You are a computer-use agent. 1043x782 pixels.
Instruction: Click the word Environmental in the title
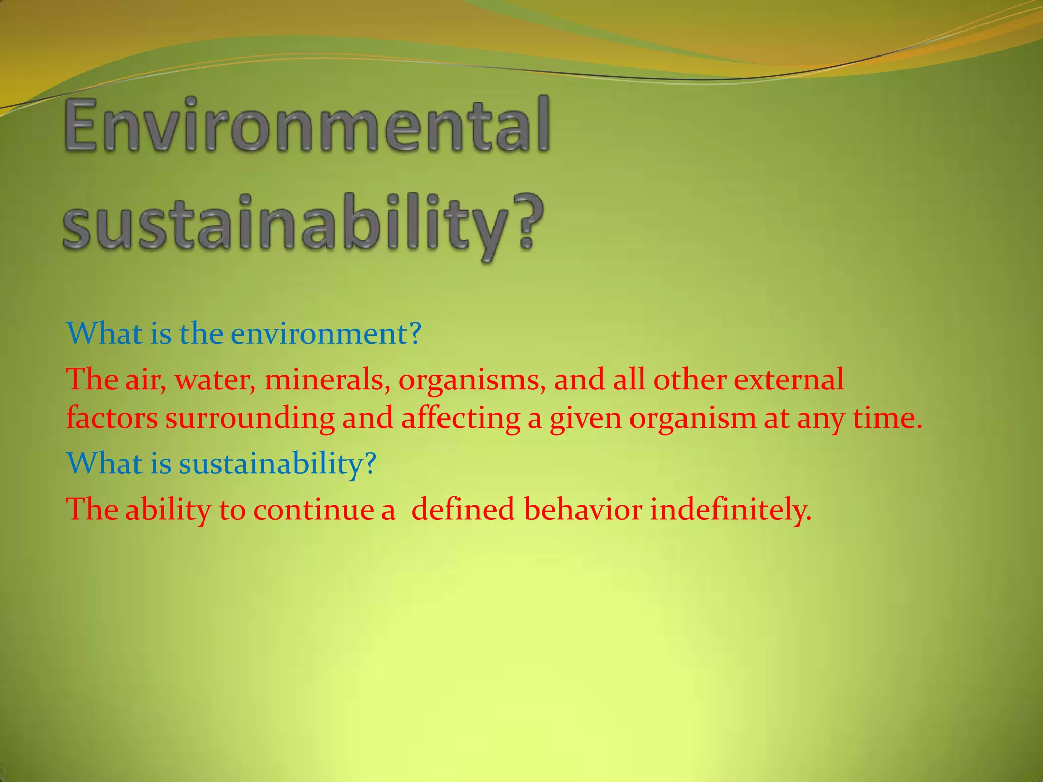click(307, 125)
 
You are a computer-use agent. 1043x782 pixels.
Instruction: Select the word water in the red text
click(215, 380)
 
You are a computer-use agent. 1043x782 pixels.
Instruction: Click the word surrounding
click(250, 419)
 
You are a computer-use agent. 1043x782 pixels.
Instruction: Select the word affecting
click(461, 419)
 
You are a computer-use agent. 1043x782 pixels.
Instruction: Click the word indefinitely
click(730, 510)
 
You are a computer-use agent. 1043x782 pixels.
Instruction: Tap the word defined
click(462, 510)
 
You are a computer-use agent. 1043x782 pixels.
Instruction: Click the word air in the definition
click(145, 380)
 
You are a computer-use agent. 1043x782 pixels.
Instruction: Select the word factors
click(112, 418)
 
